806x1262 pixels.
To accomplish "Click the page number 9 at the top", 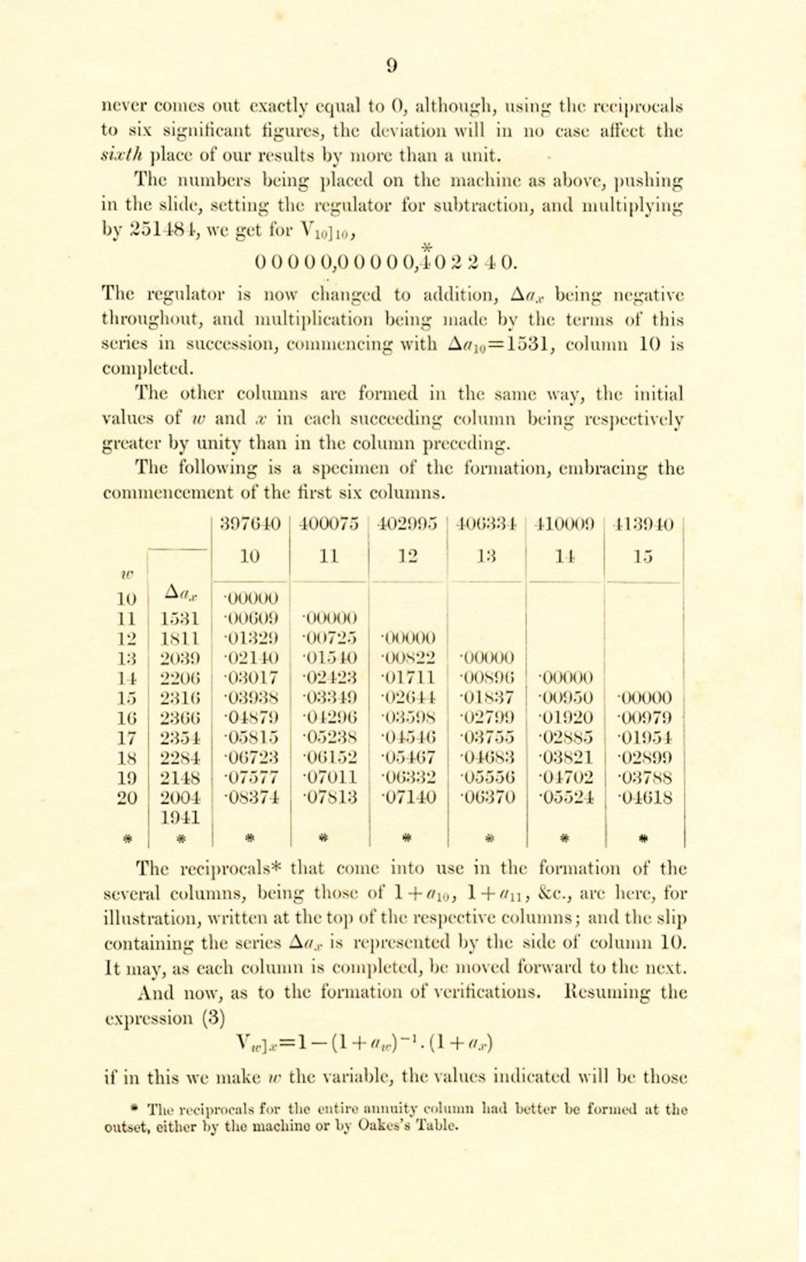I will (x=392, y=66).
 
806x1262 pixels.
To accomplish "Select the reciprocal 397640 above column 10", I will (x=250, y=524).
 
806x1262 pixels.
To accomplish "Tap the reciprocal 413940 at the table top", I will (x=644, y=524).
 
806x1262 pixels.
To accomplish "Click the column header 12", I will (x=408, y=556).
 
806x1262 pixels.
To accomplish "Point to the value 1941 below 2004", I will (x=180, y=817).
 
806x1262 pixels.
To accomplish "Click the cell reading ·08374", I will (x=251, y=797).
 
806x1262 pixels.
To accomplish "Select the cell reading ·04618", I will (x=644, y=797).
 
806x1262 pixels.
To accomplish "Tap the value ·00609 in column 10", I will (x=251, y=619).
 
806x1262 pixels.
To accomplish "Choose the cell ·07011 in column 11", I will (x=330, y=777).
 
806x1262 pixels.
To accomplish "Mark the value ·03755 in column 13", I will (x=487, y=737).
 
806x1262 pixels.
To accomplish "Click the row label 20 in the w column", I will (x=127, y=797).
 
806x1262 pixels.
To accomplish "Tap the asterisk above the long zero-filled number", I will (x=426, y=247).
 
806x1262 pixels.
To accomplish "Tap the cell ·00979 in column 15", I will (x=644, y=718).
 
